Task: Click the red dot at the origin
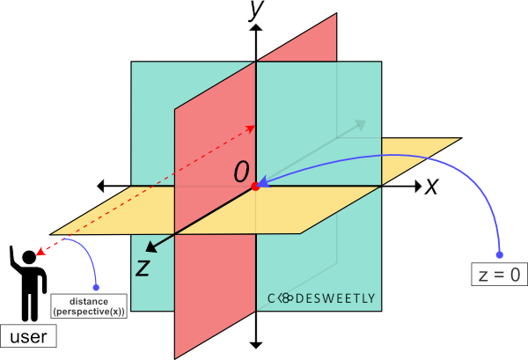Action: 255,187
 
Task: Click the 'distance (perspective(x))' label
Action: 89,306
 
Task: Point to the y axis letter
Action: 257,8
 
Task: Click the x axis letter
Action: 431,186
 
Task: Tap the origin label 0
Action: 241,172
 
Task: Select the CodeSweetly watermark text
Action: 321,298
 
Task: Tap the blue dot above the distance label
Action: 96,287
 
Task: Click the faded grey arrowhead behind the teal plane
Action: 358,124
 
